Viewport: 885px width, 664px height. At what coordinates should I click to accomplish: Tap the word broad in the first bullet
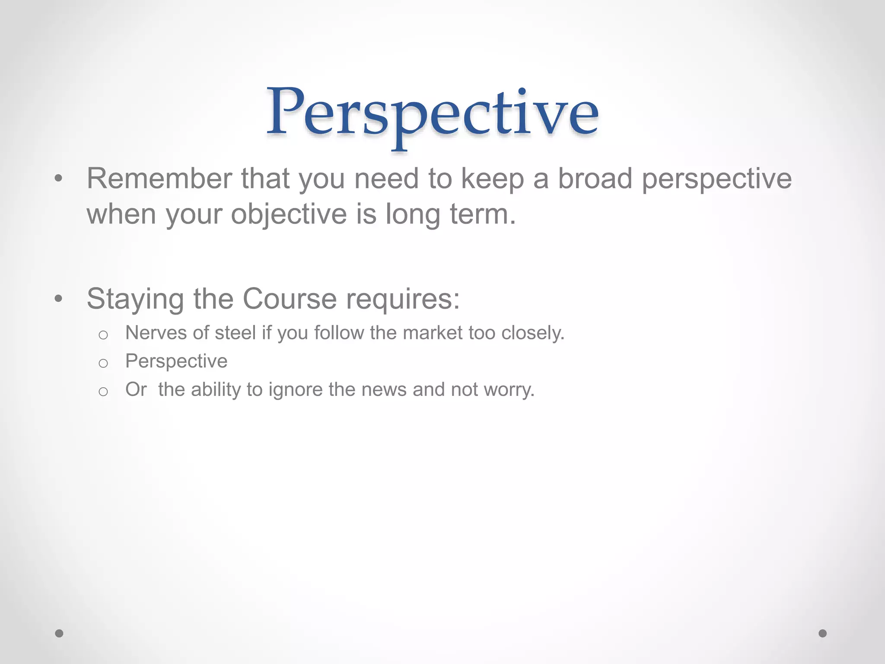[595, 179]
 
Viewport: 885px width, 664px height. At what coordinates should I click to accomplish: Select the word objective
[289, 214]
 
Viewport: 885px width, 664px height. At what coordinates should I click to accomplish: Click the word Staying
[135, 299]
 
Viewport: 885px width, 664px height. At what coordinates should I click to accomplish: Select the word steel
[236, 333]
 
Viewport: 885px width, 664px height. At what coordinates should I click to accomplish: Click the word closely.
[532, 333]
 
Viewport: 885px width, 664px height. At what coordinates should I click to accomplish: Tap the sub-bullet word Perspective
[176, 361]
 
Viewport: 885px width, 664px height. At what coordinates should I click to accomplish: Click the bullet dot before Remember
[59, 179]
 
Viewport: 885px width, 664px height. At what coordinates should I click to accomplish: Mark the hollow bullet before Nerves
[103, 335]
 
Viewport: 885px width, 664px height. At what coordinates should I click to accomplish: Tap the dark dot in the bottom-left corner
[59, 633]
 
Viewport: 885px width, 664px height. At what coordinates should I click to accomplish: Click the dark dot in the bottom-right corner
[823, 633]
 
